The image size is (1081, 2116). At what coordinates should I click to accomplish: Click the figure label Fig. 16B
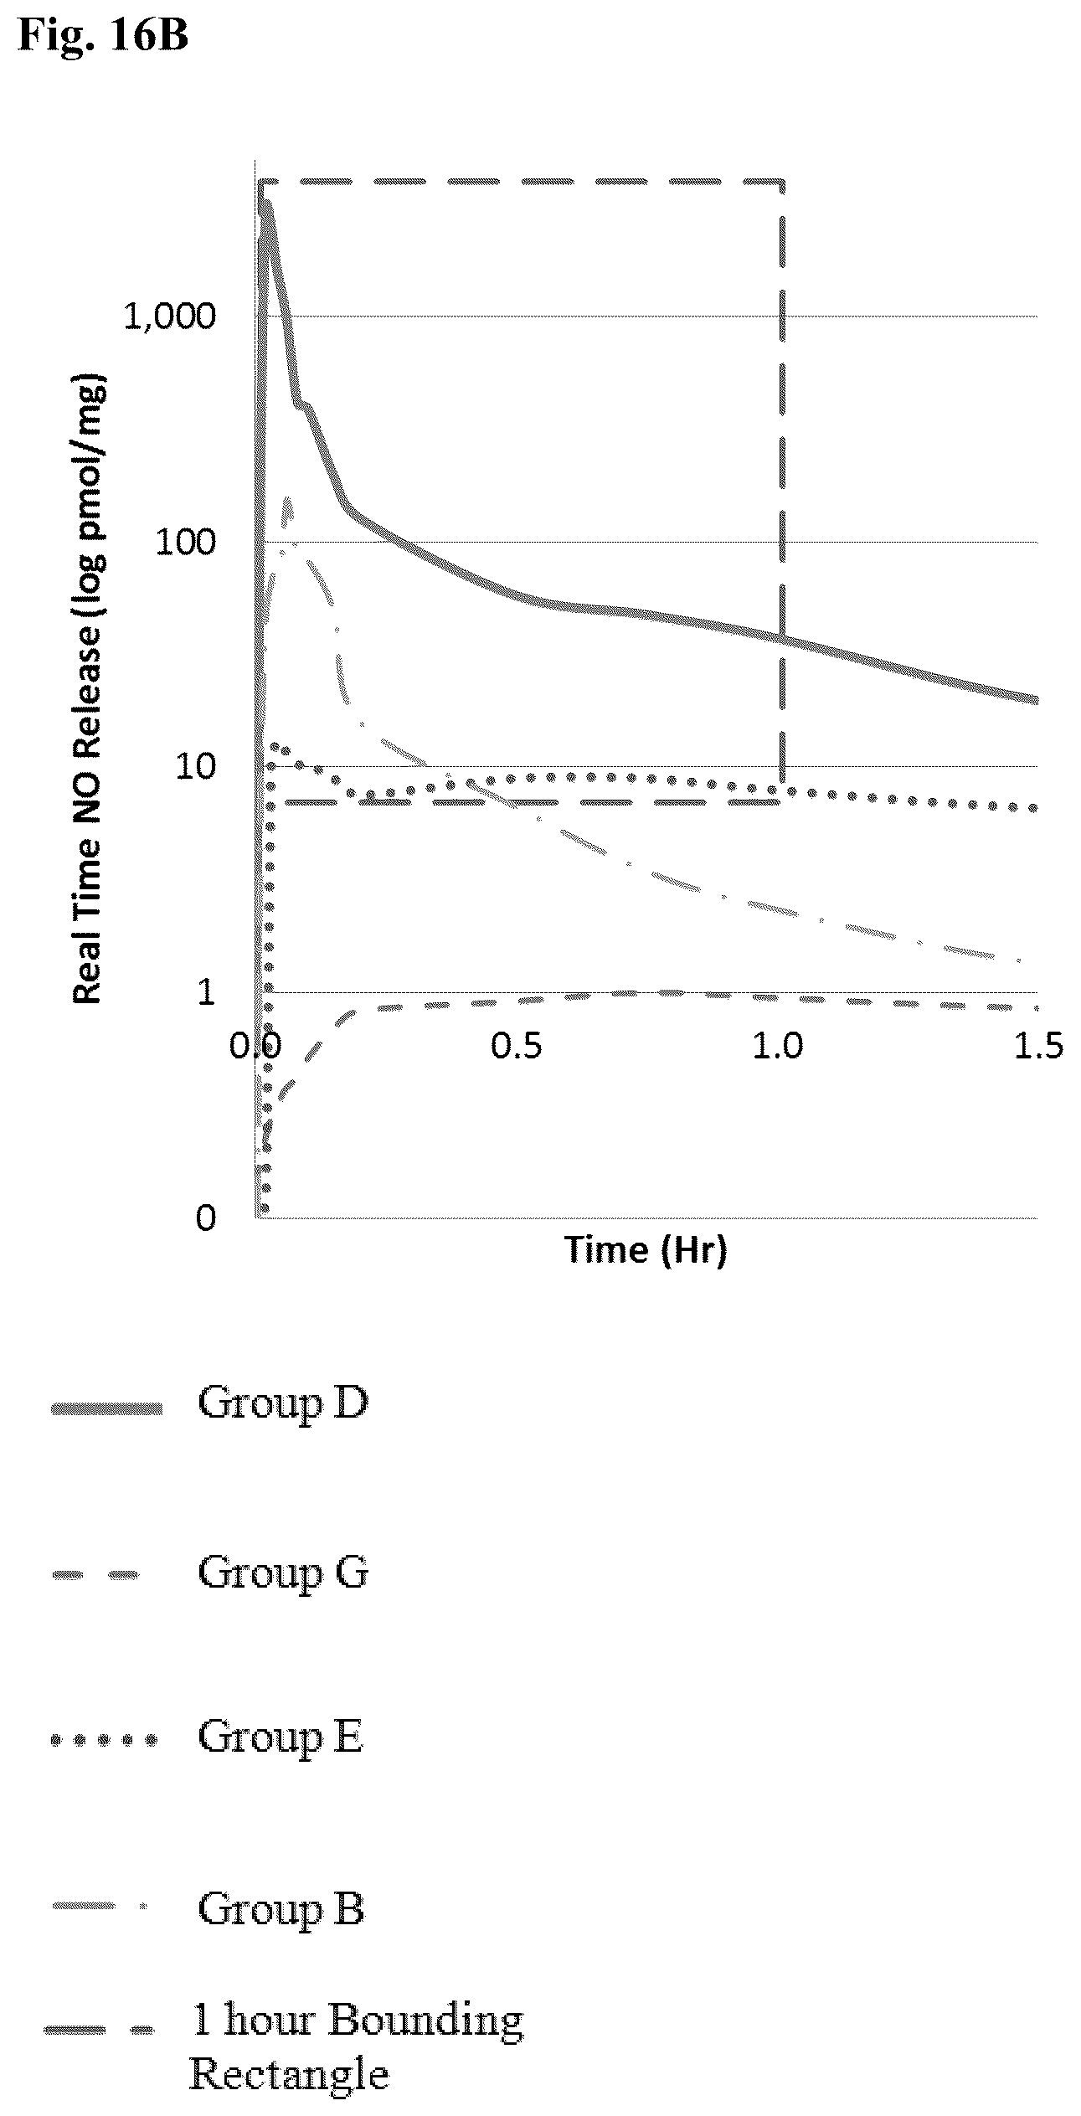click(103, 35)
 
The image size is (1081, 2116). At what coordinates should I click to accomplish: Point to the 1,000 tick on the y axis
click(170, 317)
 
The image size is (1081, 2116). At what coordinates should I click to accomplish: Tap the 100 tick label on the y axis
click(186, 542)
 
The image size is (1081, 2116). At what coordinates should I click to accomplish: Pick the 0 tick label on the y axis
click(206, 1217)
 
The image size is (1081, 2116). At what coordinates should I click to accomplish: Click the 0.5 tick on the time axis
click(517, 1046)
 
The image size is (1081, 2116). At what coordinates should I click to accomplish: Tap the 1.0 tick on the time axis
click(778, 1046)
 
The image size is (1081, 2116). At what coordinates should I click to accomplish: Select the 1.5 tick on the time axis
click(1039, 1046)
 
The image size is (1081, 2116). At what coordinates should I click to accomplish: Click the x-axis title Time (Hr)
click(646, 1249)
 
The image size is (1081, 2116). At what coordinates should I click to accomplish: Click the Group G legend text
click(282, 1572)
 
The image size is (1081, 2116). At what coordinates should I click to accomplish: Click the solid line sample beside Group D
click(106, 1409)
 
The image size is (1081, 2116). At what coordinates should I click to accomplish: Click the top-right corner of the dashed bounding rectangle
click(783, 181)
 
